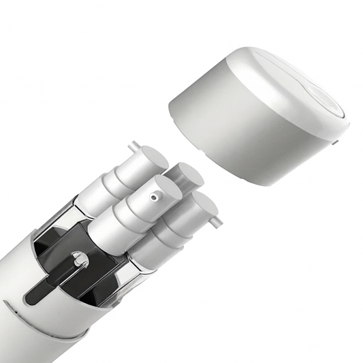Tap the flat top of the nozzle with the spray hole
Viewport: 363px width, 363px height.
161,189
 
